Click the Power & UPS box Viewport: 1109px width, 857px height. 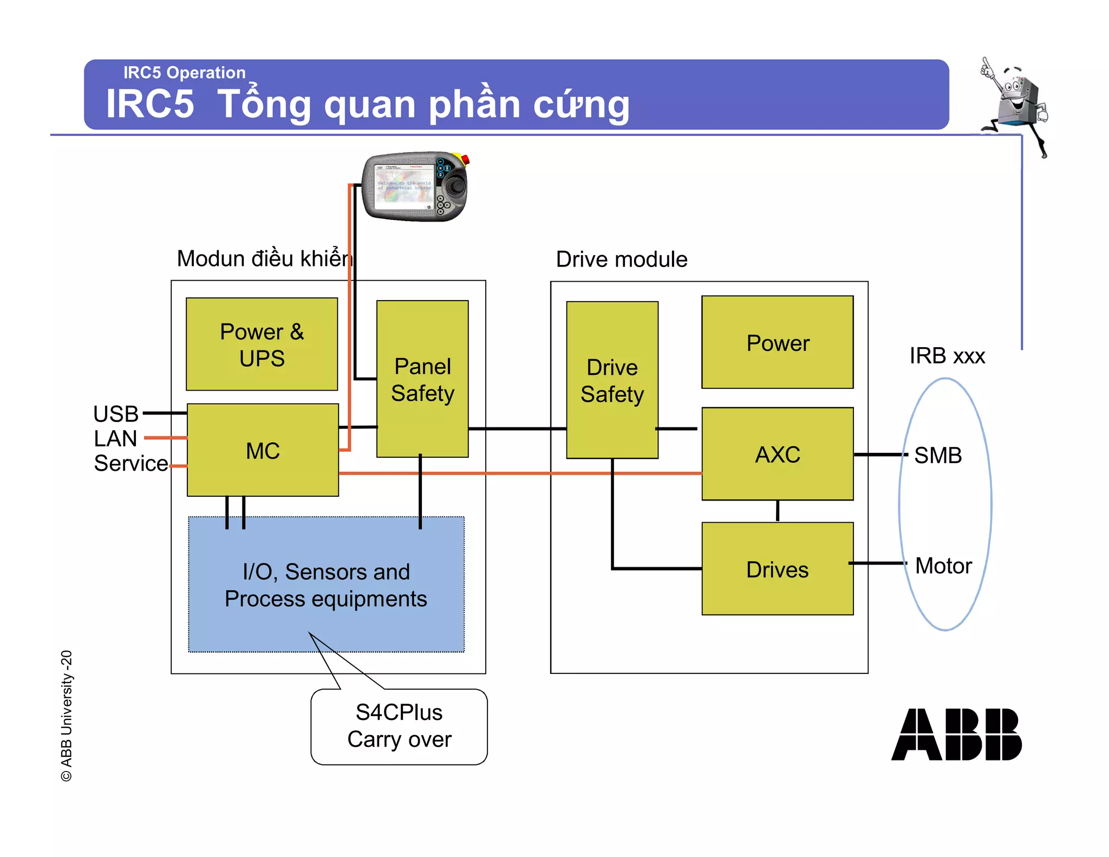[262, 344]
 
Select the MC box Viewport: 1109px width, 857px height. [263, 450]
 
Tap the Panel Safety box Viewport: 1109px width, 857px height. [422, 379]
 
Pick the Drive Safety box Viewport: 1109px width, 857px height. [612, 380]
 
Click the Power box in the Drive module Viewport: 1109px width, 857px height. [777, 342]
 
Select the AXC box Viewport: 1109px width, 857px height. [777, 454]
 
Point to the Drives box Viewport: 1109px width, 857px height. [777, 569]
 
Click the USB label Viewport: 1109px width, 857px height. [116, 414]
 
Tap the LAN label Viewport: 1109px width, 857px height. [115, 438]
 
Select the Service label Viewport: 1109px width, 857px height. [131, 463]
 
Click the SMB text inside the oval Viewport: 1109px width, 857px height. [937, 455]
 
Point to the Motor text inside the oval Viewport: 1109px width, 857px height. [943, 566]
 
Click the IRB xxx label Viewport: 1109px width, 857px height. [947, 356]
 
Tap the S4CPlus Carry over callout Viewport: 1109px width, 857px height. [399, 726]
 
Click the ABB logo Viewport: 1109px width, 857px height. [956, 734]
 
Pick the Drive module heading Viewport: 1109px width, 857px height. [621, 259]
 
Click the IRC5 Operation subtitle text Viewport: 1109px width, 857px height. [184, 72]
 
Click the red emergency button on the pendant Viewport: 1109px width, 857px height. [465, 159]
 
